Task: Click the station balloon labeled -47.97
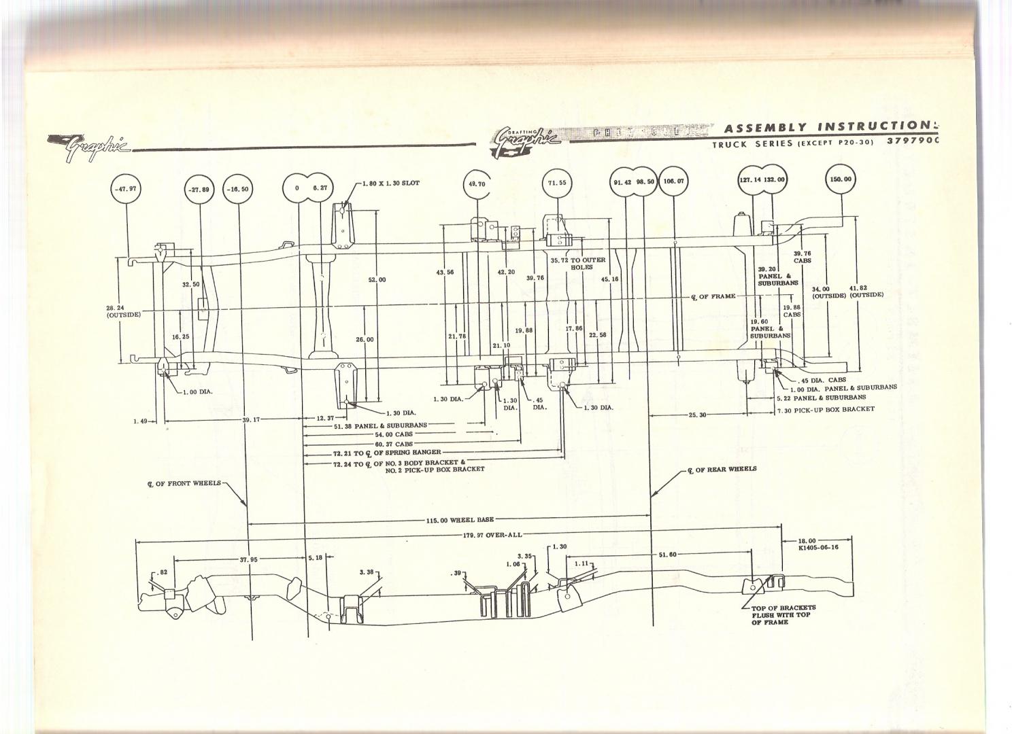[125, 190]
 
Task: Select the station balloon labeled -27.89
[200, 190]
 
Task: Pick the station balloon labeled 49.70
[477, 183]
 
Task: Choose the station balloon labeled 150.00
[840, 179]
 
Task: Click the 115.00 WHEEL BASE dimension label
[460, 520]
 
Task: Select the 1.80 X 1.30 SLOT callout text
[390, 184]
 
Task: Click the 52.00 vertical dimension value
[377, 280]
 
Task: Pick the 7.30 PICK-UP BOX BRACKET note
[826, 409]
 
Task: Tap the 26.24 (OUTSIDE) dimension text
[123, 311]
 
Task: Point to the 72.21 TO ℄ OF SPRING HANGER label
[386, 453]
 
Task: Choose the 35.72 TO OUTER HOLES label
[577, 263]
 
